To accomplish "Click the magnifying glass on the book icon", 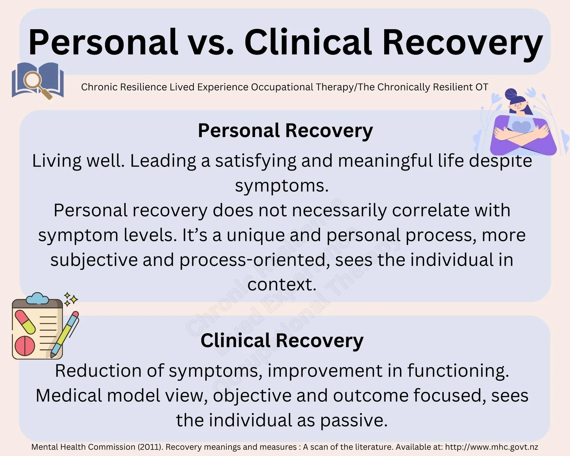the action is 33,81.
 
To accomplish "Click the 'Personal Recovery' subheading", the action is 285,130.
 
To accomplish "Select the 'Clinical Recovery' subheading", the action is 282,340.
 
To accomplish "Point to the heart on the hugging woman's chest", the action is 521,126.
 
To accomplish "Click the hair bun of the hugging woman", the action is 511,93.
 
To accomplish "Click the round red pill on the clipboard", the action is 25,345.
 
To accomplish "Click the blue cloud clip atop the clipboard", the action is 37,298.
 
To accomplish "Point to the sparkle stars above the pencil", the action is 70,299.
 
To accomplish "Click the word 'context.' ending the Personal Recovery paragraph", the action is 282,285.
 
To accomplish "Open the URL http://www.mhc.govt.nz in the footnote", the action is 491,447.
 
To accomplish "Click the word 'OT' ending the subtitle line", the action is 481,87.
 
